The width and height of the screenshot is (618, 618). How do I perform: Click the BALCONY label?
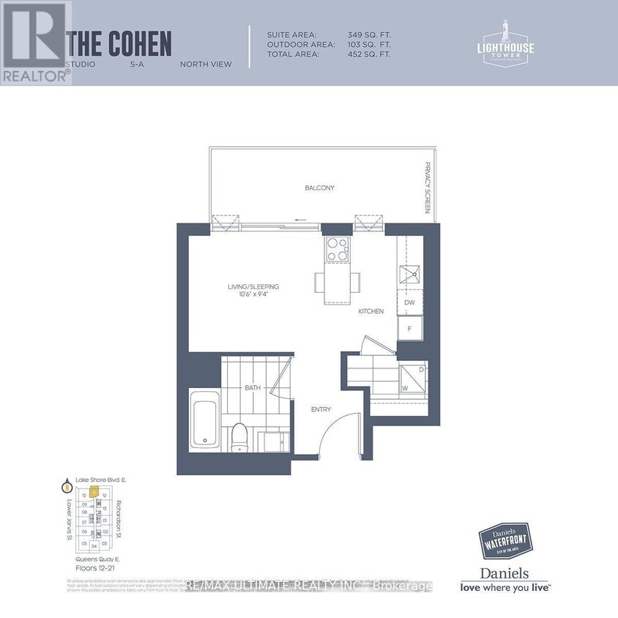click(319, 188)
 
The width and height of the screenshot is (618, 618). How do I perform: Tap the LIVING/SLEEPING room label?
click(253, 286)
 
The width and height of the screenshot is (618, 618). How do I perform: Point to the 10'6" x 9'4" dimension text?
click(253, 295)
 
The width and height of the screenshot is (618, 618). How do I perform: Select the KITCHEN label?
click(371, 311)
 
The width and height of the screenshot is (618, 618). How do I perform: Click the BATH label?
click(253, 387)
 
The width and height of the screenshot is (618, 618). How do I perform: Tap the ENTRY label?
click(321, 409)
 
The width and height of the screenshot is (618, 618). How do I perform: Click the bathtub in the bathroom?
click(205, 421)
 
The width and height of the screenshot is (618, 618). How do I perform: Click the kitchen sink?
click(409, 275)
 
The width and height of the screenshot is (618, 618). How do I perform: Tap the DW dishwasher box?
click(410, 302)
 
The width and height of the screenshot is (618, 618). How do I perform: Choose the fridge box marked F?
click(410, 329)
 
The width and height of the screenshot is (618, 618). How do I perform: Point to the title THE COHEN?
click(119, 45)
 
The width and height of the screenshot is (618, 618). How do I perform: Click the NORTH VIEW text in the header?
click(206, 64)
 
